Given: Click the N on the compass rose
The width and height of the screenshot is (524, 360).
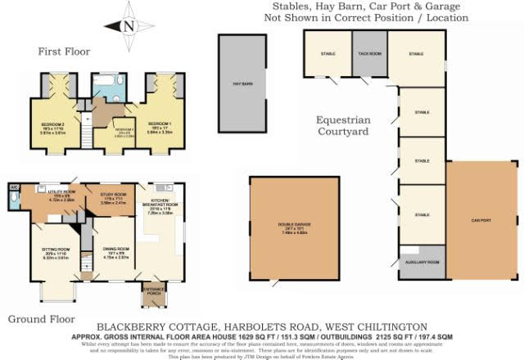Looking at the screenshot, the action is (128, 26).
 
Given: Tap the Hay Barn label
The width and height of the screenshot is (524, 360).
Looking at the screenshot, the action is (242, 84).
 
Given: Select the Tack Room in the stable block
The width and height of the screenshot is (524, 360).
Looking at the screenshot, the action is (369, 54).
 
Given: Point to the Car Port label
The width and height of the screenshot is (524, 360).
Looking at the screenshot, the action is (480, 220).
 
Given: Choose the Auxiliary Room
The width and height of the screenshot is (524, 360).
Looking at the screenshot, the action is (421, 262).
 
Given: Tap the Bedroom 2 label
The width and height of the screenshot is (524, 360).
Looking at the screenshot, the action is (53, 124).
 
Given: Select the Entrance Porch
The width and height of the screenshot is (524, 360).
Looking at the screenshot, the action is (153, 292).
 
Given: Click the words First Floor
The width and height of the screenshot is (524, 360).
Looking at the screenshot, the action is (63, 52).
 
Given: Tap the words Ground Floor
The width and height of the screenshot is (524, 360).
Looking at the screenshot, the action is (41, 319).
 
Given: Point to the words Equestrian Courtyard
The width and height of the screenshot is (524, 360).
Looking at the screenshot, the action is (343, 124).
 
